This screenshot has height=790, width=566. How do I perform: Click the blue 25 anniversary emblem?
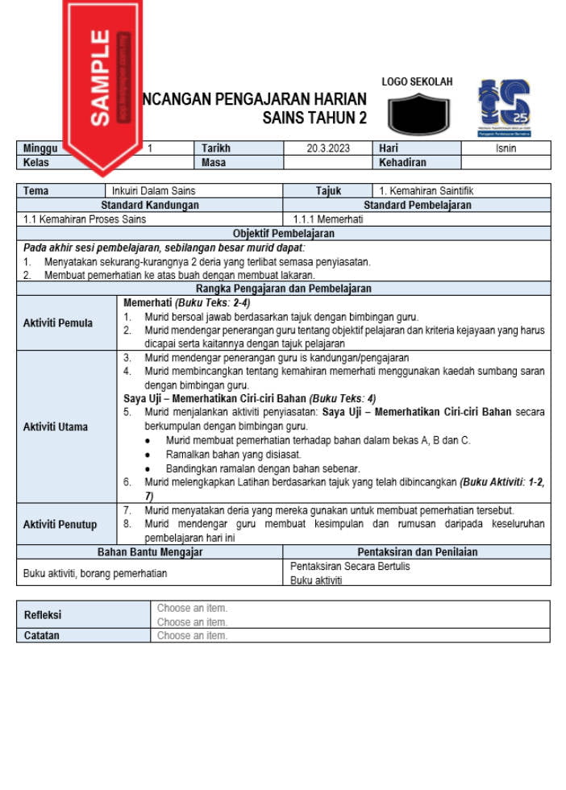504,108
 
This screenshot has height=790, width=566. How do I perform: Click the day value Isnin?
506,148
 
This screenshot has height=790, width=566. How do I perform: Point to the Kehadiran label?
402,162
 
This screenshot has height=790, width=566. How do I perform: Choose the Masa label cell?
214,162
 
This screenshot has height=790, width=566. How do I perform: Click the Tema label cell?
36,191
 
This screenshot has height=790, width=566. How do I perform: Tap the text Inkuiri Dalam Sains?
153,191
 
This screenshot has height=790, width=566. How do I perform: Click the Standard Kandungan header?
150,206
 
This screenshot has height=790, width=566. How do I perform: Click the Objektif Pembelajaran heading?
283,233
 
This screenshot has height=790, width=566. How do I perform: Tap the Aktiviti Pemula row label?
58,323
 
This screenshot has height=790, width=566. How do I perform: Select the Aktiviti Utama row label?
56,426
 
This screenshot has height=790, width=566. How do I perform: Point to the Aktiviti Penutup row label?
60,524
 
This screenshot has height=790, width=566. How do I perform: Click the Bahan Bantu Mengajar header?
150,552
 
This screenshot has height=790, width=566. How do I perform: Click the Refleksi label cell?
43,615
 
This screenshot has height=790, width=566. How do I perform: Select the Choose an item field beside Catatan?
193,635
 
